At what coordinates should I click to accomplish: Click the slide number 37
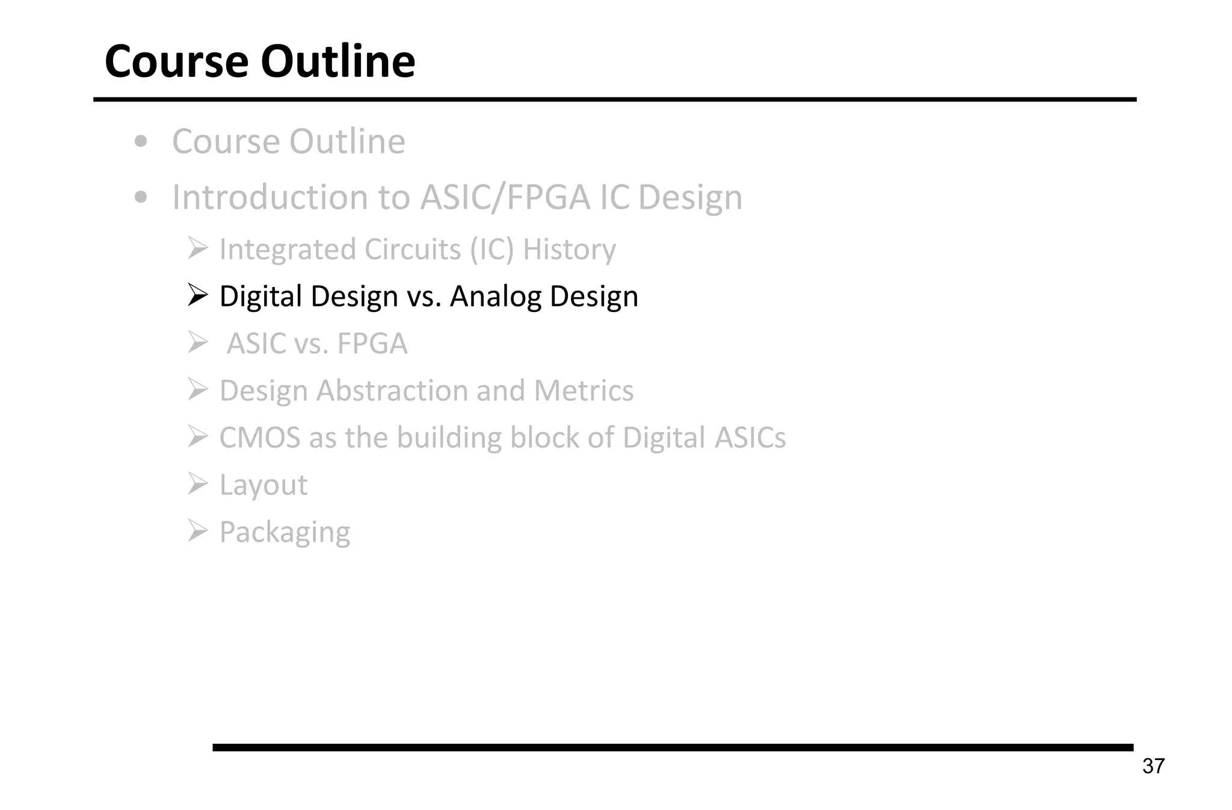1153,766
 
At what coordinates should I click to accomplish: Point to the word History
569,250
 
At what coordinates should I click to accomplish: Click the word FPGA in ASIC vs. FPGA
372,344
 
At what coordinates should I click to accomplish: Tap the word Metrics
584,391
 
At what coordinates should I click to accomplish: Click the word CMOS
259,438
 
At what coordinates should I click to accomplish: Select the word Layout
263,485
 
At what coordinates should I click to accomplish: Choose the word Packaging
285,532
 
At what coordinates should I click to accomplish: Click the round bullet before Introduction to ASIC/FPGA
141,197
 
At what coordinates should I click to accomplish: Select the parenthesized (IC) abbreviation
491,250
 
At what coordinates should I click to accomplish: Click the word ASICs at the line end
750,438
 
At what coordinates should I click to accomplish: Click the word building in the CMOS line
449,438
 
